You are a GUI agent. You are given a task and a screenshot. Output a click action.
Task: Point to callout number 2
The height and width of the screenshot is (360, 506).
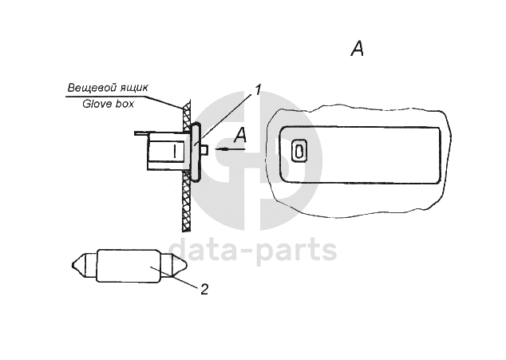pos(204,288)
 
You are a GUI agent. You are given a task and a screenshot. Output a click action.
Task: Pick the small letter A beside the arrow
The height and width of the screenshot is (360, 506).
pos(242,136)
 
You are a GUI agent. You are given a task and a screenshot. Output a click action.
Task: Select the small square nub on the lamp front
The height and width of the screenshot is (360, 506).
pos(204,149)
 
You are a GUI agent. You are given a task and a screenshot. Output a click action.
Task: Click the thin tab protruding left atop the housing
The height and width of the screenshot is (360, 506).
pos(142,133)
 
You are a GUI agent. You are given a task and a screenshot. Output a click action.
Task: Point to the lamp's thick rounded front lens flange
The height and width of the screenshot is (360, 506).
pos(195,150)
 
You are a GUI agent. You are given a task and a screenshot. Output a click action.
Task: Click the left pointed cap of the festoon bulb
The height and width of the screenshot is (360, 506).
pos(83,265)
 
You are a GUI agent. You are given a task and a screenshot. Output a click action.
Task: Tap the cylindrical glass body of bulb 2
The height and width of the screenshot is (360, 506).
pos(128,265)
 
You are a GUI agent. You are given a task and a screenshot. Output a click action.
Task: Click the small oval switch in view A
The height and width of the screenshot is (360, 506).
pos(299,150)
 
